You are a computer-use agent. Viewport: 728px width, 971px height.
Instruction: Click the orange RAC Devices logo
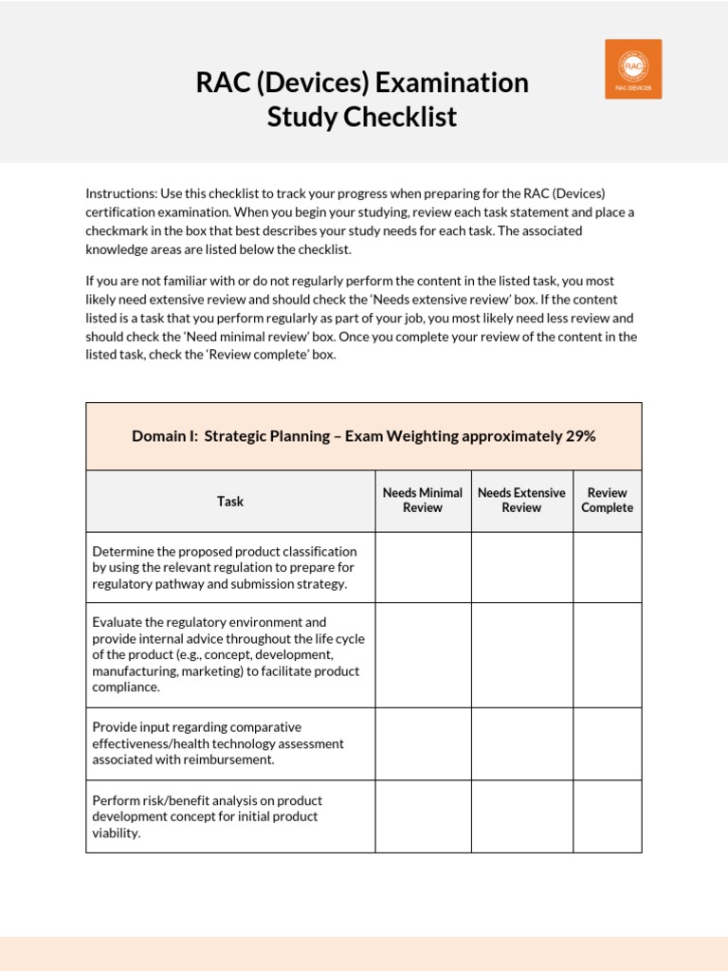[x=633, y=69]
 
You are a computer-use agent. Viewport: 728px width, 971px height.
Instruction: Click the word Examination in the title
[x=451, y=83]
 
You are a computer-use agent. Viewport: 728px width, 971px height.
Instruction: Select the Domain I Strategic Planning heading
[x=363, y=436]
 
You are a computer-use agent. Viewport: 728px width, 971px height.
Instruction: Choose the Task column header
[x=230, y=501]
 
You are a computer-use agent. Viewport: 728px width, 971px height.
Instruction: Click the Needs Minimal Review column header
[x=423, y=500]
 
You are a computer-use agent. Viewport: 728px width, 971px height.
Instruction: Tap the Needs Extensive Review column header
[x=521, y=500]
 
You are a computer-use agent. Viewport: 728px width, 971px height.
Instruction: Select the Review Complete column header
[x=607, y=500]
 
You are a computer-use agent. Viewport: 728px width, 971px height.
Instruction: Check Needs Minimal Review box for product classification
[x=423, y=567]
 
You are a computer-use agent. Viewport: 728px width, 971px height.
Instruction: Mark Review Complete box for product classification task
[x=607, y=567]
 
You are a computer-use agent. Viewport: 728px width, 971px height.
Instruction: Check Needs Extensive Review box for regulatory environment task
[x=521, y=655]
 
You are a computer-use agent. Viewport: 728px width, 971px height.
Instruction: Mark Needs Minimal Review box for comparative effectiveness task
[x=423, y=743]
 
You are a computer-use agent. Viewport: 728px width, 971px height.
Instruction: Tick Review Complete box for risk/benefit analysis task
[x=607, y=816]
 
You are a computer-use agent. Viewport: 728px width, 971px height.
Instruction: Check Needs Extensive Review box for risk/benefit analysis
[x=521, y=816]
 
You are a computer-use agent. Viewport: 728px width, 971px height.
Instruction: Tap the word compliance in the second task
[x=125, y=687]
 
